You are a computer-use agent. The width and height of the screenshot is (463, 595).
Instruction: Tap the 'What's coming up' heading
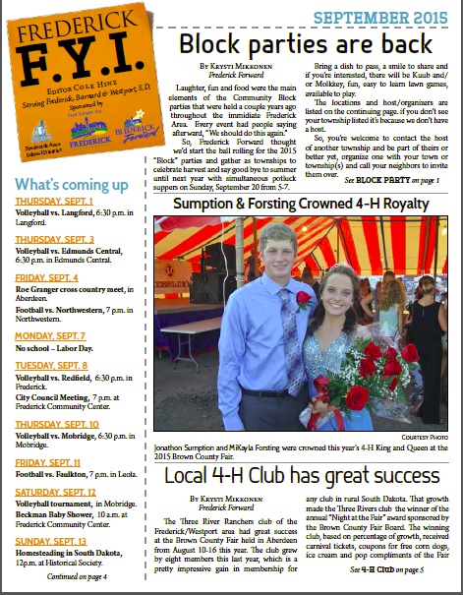[x=72, y=185]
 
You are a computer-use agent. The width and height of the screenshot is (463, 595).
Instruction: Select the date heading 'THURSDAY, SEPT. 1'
[x=54, y=201]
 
